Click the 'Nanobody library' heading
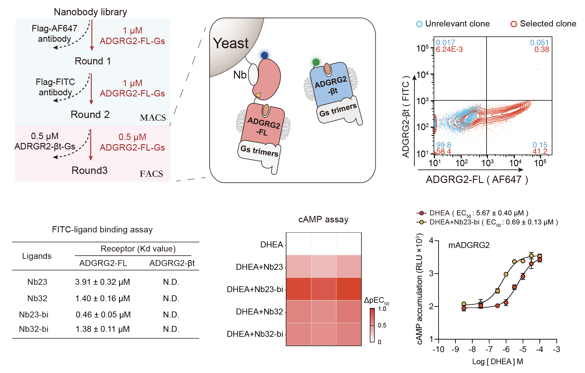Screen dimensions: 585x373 click(x=90, y=12)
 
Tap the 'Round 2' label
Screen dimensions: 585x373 click(x=90, y=114)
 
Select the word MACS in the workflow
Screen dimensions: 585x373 click(x=153, y=118)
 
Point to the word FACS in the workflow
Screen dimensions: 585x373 click(x=151, y=174)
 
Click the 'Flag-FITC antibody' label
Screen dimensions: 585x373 click(x=55, y=87)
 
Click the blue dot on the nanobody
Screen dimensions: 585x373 click(x=264, y=55)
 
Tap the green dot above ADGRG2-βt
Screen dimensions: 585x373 click(x=316, y=62)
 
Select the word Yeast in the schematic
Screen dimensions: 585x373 click(x=231, y=43)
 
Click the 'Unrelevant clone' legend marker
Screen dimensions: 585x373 click(x=419, y=24)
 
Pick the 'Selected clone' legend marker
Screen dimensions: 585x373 click(x=514, y=24)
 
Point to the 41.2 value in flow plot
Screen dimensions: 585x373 click(x=540, y=151)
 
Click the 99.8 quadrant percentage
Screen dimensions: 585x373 click(x=444, y=145)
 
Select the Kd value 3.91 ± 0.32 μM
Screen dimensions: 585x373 click(x=103, y=282)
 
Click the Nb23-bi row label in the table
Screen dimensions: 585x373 click(x=34, y=315)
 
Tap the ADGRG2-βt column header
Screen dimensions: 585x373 click(x=172, y=263)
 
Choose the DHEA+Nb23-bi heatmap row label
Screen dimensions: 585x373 click(x=255, y=289)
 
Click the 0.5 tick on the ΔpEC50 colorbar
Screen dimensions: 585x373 click(x=382, y=325)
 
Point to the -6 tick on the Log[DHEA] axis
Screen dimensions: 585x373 click(x=506, y=349)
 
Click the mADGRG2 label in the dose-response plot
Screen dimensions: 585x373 click(x=469, y=245)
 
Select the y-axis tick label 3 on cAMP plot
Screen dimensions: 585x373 click(x=431, y=274)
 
